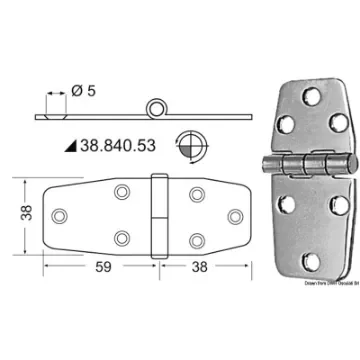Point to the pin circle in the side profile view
[x=155, y=108]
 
